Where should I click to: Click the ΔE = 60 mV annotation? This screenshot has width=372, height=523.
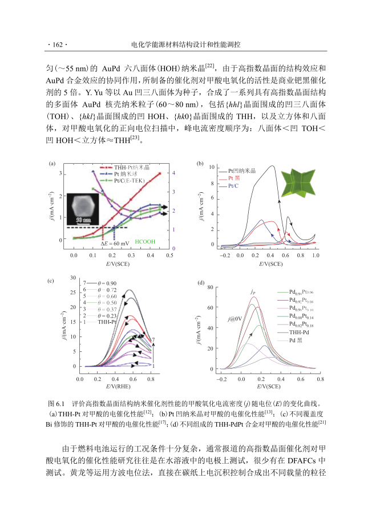114,243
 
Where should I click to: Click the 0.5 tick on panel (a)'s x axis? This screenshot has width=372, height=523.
169,258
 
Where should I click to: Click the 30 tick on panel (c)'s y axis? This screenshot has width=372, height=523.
72,278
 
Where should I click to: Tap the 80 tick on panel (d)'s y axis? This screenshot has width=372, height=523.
211,287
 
